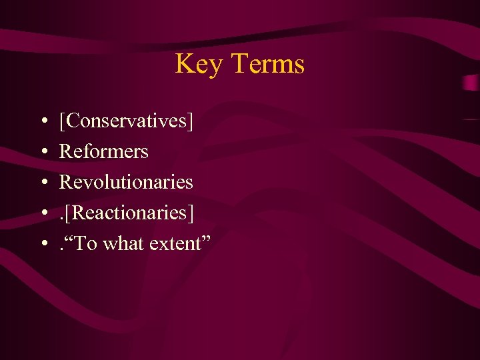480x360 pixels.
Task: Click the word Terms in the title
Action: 268,64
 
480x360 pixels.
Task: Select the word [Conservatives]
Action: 126,121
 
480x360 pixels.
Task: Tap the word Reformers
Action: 103,151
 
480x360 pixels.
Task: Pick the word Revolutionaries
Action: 126,182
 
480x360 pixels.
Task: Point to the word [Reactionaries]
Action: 129,213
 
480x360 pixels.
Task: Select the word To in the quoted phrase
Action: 87,244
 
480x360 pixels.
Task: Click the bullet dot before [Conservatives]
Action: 43,121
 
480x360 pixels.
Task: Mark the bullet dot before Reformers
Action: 43,152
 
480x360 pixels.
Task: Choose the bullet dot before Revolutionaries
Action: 43,183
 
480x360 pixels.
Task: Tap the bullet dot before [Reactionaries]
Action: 43,213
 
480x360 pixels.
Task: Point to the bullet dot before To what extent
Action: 43,244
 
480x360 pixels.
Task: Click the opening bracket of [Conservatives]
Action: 62,121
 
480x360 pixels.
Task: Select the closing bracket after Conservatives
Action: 191,121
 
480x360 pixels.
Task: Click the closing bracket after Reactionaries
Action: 192,213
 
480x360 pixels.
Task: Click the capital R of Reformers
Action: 65,151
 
